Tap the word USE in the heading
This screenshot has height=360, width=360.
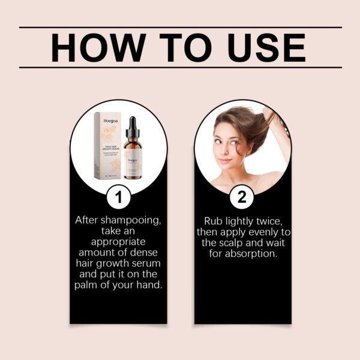point(260,47)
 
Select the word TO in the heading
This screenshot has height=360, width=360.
point(180,47)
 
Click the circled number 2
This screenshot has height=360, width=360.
point(241,197)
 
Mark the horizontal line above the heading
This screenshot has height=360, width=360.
point(180,28)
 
